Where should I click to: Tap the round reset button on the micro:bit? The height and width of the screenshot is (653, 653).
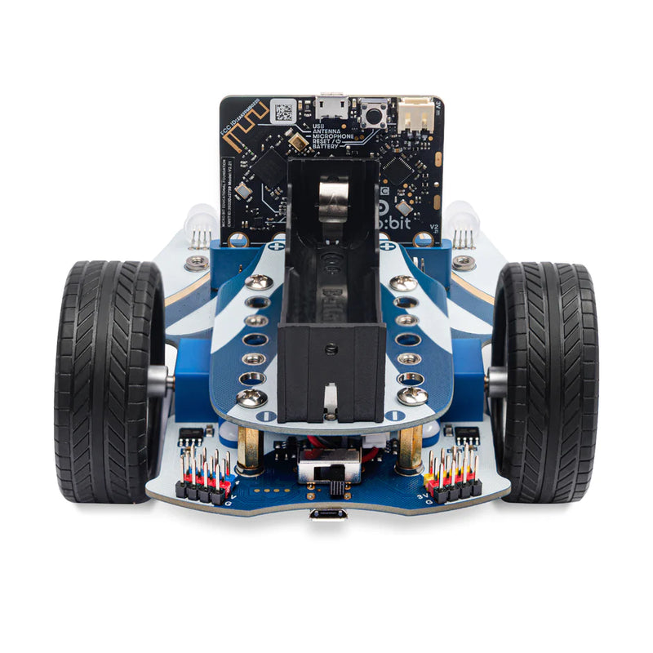click(374, 113)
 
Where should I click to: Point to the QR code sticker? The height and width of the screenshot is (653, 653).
click(282, 112)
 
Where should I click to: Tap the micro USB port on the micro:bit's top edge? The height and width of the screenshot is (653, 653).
click(331, 106)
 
